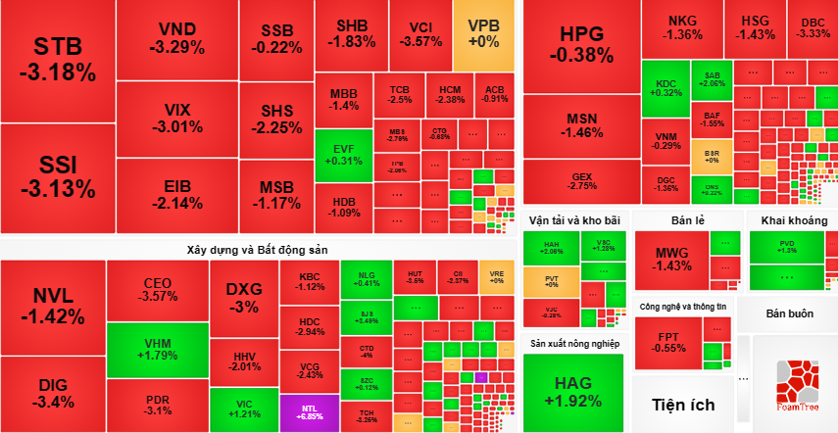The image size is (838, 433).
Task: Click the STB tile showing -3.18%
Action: [x=58, y=59]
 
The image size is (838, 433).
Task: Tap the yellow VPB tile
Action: [x=483, y=33]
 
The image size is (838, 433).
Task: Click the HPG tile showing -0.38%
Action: [x=581, y=44]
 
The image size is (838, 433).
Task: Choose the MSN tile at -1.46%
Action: [x=581, y=125]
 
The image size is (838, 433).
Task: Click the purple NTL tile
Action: [x=308, y=411]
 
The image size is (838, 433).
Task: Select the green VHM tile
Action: [x=158, y=349]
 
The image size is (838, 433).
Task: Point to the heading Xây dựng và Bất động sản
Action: [x=257, y=250]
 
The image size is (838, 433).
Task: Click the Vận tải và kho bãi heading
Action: [x=573, y=219]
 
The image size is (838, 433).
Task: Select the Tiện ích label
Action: [x=682, y=404]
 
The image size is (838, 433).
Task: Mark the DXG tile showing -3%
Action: [x=243, y=298]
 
